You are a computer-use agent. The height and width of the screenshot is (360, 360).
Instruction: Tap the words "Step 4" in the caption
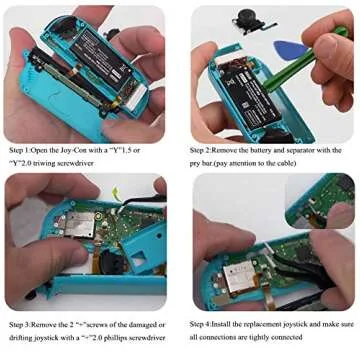click(203, 325)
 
